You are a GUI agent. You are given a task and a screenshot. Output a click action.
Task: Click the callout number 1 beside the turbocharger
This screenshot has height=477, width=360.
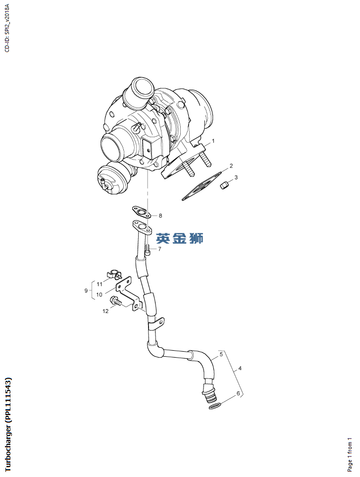tap(213, 141)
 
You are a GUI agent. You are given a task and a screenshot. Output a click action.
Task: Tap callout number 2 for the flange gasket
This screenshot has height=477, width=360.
tap(231, 166)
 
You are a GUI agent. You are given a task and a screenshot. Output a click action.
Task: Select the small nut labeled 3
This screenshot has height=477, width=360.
tap(224, 185)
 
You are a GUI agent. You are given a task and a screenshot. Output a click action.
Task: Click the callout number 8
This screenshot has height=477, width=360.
tap(160, 215)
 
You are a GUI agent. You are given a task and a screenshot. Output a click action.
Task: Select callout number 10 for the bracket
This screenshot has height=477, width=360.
tap(100, 295)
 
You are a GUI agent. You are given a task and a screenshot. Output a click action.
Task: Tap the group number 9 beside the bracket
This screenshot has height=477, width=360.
tap(86, 291)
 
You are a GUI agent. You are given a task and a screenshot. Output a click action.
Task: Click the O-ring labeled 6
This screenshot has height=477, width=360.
tap(215, 406)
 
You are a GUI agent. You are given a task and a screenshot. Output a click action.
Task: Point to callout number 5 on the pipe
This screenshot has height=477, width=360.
tap(221, 354)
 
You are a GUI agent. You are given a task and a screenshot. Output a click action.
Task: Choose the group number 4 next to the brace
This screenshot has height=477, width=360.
tap(240, 369)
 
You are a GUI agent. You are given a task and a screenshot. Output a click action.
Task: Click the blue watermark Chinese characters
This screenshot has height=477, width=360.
tap(180, 238)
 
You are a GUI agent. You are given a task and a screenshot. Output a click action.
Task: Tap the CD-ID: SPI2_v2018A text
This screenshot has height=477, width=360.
tap(7, 28)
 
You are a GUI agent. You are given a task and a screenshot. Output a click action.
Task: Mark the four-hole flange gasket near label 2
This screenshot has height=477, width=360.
tap(202, 186)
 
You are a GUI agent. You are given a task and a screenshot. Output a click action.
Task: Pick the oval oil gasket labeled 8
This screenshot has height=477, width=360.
tap(142, 212)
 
